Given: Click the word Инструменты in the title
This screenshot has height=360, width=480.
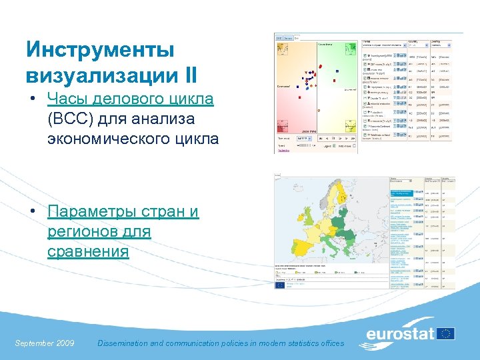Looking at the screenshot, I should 100,49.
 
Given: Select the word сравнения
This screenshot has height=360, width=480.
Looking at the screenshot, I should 88,251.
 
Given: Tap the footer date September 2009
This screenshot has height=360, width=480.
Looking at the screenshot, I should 44,343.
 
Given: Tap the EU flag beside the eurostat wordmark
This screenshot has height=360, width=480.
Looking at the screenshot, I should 445,333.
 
